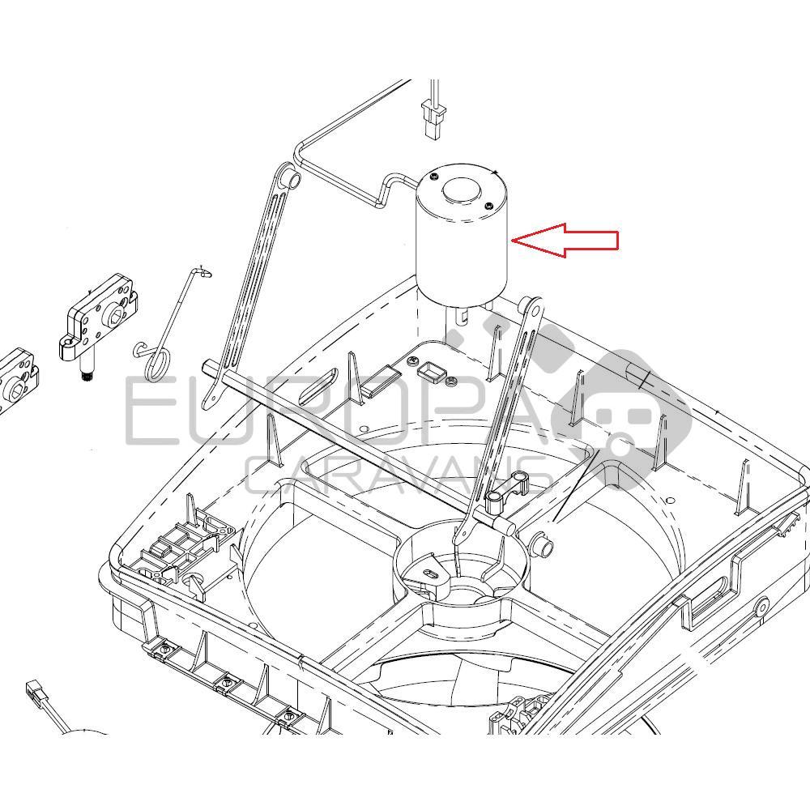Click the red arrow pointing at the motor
[567, 241]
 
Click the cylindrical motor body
[460, 251]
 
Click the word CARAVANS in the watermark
[397, 478]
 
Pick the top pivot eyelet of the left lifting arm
[287, 177]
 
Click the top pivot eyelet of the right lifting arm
[531, 309]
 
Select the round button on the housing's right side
[761, 605]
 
